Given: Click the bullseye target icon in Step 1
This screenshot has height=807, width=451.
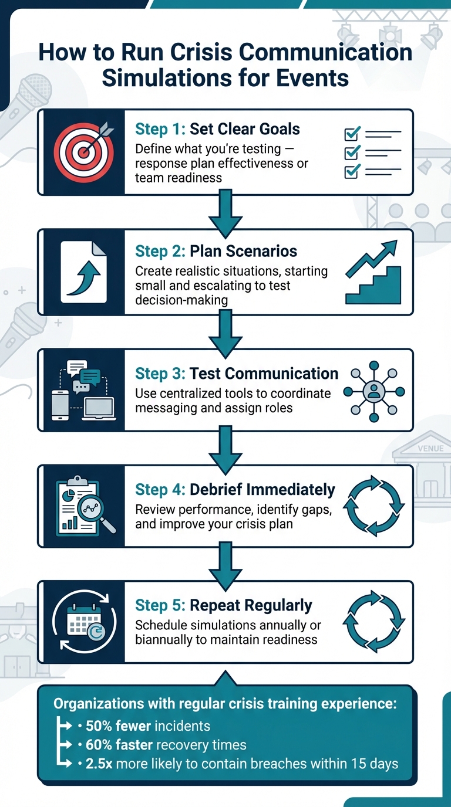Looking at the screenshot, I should (82, 152).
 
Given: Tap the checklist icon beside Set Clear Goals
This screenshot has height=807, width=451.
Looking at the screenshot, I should (372, 152).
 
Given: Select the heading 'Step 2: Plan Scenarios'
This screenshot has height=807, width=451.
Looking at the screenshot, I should (216, 251).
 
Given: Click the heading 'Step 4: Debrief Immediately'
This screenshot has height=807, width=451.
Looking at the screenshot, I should (235, 489).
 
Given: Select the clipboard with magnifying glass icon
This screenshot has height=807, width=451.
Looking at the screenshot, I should (83, 506).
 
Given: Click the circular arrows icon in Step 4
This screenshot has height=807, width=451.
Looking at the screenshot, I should (373, 506).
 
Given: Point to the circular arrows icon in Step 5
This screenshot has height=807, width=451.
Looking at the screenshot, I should (373, 622).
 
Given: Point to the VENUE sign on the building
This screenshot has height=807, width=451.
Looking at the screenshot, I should (430, 449).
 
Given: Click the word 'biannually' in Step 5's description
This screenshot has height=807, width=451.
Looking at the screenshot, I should (168, 639).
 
